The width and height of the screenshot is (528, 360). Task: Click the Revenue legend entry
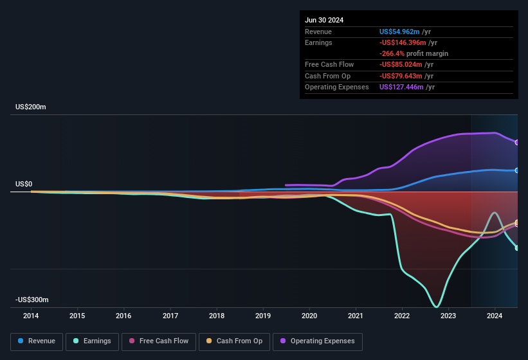pyautogui.click(x=37, y=341)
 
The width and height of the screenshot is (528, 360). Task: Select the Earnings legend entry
pyautogui.click(x=91, y=341)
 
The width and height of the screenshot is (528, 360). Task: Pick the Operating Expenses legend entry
pyautogui.click(x=317, y=341)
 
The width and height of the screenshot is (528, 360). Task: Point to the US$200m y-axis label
pyautogui.click(x=31, y=107)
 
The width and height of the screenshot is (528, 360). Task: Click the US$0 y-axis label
pyautogui.click(x=24, y=184)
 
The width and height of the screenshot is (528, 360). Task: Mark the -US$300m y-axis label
pyautogui.click(x=32, y=300)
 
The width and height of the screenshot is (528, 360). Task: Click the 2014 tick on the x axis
pyautogui.click(x=31, y=316)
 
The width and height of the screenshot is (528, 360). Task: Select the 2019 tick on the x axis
pyautogui.click(x=263, y=316)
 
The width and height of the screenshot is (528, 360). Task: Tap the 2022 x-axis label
pyautogui.click(x=402, y=316)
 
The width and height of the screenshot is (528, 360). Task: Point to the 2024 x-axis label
pyautogui.click(x=495, y=316)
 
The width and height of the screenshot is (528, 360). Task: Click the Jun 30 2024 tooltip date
pyautogui.click(x=324, y=20)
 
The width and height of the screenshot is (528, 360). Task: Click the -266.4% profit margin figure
pyautogui.click(x=392, y=53)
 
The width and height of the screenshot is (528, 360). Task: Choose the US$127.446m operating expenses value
pyautogui.click(x=405, y=87)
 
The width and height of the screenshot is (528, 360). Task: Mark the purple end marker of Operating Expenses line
pyautogui.click(x=517, y=142)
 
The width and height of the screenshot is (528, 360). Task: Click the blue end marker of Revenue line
pyautogui.click(x=517, y=170)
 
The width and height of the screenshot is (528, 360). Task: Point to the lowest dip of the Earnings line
pyautogui.click(x=437, y=306)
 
